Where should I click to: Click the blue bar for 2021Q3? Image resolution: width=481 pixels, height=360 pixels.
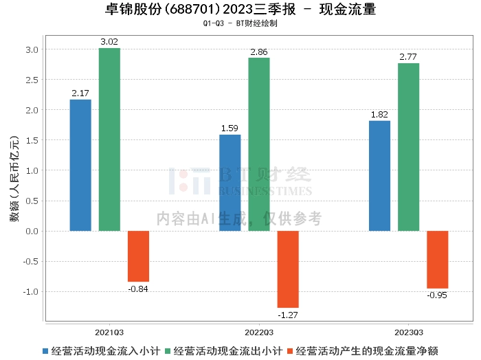[80, 165]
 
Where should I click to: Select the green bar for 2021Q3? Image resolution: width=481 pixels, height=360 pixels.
[109, 139]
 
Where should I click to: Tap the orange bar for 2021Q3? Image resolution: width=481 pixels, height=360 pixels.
[138, 256]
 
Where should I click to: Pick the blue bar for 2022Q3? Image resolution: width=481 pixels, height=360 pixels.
[230, 183]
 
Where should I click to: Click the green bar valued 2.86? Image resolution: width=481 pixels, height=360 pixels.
[259, 144]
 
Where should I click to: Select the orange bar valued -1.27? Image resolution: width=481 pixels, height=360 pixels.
[288, 269]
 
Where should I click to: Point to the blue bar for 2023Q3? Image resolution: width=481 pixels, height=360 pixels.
[379, 176]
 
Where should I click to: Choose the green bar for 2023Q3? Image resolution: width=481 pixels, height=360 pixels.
[408, 147]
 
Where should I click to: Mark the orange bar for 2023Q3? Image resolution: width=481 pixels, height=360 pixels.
[437, 260]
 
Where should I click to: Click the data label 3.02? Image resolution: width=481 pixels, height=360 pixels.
[109, 42]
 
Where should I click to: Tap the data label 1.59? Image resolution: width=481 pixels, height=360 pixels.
[230, 128]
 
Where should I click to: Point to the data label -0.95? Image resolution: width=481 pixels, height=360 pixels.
[437, 295]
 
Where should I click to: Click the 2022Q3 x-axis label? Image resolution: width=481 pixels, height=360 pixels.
[259, 331]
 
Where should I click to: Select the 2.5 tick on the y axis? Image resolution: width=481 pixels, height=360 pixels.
[32, 80]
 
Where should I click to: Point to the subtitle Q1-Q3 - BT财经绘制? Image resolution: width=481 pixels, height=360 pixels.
[240, 24]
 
